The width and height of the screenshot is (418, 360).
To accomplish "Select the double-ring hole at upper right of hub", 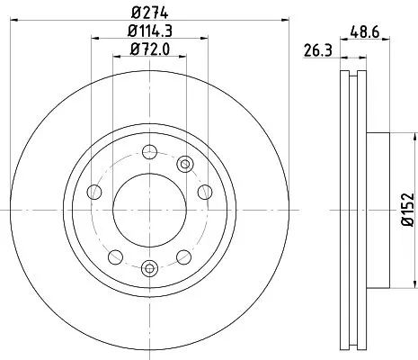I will coord(185,163).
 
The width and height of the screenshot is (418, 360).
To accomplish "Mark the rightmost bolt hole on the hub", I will coord(206,191).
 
